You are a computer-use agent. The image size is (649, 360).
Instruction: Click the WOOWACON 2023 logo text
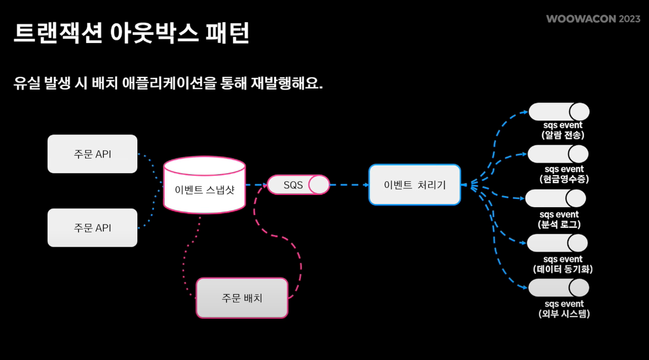[593, 19]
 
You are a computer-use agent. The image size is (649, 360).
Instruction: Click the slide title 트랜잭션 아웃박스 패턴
[131, 34]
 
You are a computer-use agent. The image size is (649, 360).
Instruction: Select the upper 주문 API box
[92, 154]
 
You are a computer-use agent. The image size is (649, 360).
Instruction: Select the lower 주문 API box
[92, 228]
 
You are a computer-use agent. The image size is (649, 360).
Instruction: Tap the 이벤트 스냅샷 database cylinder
[204, 186]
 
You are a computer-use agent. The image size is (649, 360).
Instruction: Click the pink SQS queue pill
[298, 185]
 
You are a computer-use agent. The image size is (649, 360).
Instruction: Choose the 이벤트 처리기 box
[415, 185]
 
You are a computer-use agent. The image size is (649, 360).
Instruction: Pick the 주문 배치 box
[242, 298]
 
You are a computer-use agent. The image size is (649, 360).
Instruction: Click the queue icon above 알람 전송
[558, 112]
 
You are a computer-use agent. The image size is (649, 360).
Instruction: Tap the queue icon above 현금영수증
[558, 154]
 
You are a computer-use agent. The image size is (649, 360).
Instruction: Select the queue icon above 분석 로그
[555, 198]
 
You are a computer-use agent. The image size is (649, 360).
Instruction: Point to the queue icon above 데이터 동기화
[557, 243]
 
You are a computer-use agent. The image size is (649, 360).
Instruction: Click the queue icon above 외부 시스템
[558, 288]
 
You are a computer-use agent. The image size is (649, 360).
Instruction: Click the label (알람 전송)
[562, 135]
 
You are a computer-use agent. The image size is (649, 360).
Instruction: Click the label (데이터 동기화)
[562, 269]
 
